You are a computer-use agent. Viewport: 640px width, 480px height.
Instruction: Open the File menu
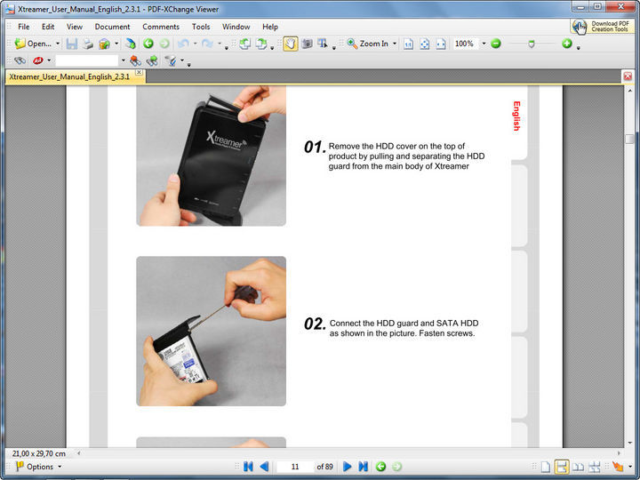(23, 27)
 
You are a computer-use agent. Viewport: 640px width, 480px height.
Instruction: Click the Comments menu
(161, 27)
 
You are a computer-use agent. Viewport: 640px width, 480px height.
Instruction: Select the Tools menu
(201, 27)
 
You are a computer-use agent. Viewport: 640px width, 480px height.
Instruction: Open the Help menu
(270, 27)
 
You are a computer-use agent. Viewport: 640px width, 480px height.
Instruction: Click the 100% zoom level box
(464, 44)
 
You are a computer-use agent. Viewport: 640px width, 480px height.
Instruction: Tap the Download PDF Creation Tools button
(603, 27)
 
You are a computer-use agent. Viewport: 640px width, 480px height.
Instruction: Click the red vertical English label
(516, 116)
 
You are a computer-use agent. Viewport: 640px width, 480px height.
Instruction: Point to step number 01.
(314, 148)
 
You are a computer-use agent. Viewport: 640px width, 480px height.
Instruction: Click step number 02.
(315, 324)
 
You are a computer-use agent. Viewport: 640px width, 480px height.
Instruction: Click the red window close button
(623, 7)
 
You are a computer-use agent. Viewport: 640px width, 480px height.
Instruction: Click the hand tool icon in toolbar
(291, 44)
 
